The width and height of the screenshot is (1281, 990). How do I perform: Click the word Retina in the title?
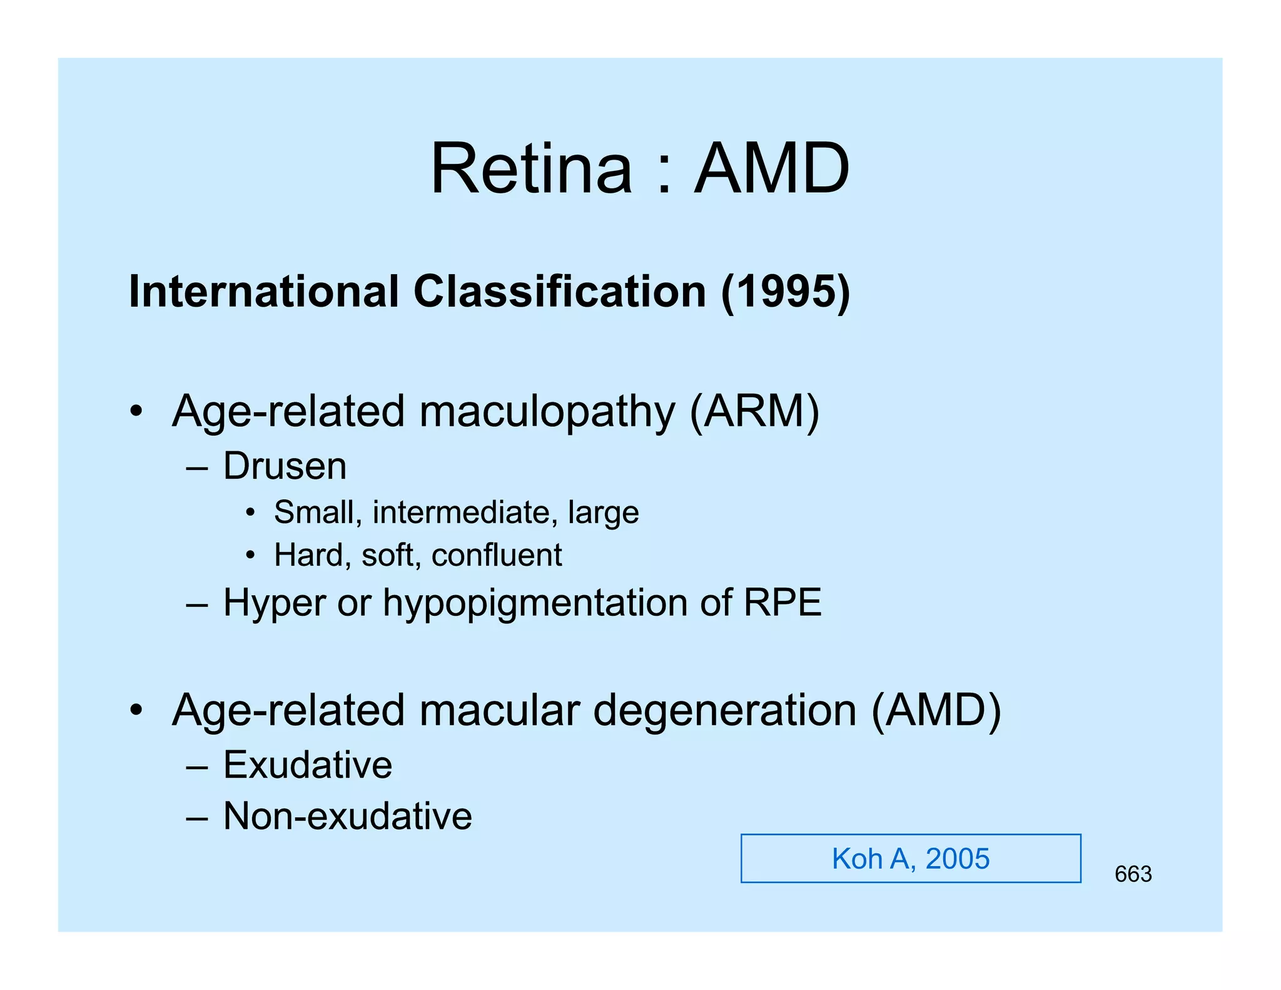[x=531, y=169]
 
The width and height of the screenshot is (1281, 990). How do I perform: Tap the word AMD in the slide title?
[x=772, y=169]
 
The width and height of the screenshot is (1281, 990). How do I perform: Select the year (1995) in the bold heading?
[x=786, y=292]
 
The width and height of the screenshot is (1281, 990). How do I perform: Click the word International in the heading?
[x=263, y=292]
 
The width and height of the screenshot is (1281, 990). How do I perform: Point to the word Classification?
[x=560, y=292]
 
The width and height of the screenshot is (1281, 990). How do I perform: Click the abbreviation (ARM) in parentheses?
[x=754, y=412]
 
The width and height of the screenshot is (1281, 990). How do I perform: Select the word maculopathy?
[x=547, y=413]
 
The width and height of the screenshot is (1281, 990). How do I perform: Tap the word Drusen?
[x=285, y=466]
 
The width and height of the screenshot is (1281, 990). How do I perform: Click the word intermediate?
[x=461, y=513]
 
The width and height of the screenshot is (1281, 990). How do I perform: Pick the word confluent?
[x=497, y=555]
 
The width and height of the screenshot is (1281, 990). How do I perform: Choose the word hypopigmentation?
[x=535, y=604]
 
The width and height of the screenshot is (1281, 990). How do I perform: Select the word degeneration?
[x=724, y=712]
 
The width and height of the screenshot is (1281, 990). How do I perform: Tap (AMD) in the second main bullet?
[x=936, y=711]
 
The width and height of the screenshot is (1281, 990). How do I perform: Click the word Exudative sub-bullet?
[x=308, y=765]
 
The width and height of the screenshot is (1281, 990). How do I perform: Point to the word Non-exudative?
[x=348, y=816]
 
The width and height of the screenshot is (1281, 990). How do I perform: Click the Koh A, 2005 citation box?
[x=910, y=859]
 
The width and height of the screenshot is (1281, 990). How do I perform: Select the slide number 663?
[x=1133, y=874]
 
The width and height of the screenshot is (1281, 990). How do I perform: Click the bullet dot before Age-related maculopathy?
[x=136, y=412]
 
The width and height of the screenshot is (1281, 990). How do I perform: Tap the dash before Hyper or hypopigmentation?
[x=196, y=605]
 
